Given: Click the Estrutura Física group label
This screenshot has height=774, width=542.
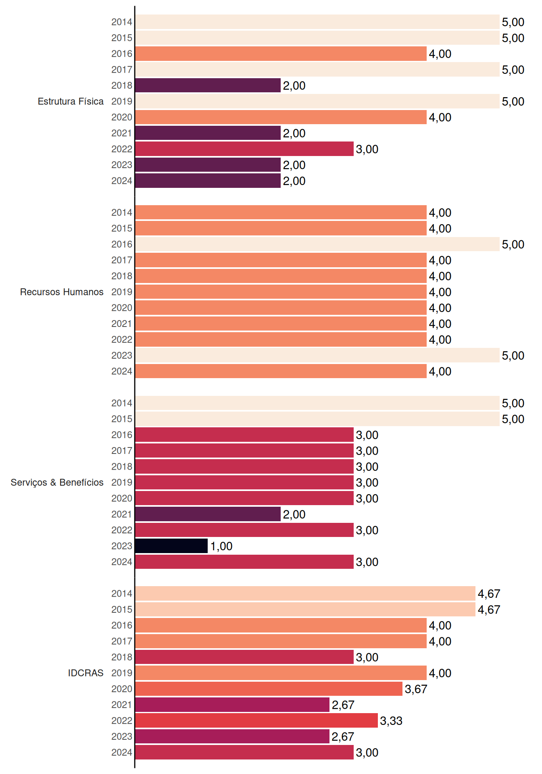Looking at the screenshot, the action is (71, 101).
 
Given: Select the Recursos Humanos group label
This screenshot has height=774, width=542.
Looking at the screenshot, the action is (62, 292).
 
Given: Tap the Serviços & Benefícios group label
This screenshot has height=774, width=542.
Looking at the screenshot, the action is (57, 483).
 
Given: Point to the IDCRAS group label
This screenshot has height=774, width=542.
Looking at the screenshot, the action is (85, 673).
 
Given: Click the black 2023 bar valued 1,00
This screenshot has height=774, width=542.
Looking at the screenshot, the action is (171, 546).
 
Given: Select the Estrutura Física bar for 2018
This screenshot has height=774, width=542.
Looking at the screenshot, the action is (208, 85).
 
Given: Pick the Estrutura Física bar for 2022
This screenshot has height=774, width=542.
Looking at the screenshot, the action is (244, 149).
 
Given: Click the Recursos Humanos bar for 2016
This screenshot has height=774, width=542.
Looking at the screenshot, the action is (317, 244).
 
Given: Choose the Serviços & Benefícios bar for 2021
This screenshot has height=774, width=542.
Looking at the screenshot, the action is (208, 514).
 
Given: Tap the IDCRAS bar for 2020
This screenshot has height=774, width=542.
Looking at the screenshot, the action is (269, 689).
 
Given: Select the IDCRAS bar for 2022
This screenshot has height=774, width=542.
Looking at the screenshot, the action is (256, 720).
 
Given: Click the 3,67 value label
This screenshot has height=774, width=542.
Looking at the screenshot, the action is (416, 689).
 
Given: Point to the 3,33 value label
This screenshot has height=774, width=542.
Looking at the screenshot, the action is (391, 721).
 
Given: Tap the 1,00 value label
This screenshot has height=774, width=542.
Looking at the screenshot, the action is (221, 546).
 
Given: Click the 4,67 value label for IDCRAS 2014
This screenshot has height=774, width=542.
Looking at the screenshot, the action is (489, 594).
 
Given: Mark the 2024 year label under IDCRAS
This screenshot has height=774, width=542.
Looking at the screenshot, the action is (122, 753).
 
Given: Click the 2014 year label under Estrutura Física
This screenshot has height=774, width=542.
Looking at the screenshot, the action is (122, 22).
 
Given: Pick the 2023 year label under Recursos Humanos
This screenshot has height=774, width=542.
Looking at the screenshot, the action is (122, 356).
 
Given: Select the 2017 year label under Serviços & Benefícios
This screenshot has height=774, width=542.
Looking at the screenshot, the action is (122, 451).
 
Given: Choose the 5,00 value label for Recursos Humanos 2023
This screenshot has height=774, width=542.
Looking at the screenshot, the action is (513, 356).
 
